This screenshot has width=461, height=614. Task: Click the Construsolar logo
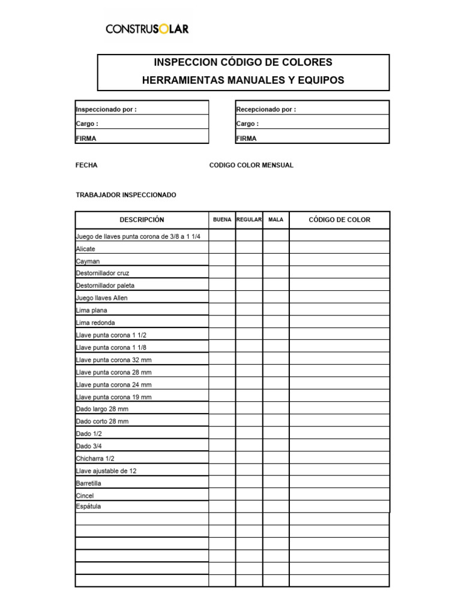pyautogui.click(x=147, y=28)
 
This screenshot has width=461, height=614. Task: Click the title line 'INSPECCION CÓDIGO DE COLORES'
pyautogui.click(x=243, y=62)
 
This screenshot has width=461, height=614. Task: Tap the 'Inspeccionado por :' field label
pyautogui.click(x=106, y=109)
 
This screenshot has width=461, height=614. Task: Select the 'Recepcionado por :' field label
pyautogui.click(x=266, y=109)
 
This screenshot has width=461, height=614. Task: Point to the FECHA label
pyautogui.click(x=86, y=165)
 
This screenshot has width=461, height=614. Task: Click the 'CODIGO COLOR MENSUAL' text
pyautogui.click(x=251, y=165)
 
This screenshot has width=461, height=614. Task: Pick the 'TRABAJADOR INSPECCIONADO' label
pyautogui.click(x=126, y=195)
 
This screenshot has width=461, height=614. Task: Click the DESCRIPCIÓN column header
pyautogui.click(x=142, y=219)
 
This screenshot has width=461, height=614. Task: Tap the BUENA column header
pyautogui.click(x=222, y=219)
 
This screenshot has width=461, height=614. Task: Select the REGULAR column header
pyautogui.click(x=249, y=219)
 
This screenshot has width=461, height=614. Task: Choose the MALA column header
pyautogui.click(x=276, y=219)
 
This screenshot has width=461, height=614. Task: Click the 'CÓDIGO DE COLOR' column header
pyautogui.click(x=339, y=219)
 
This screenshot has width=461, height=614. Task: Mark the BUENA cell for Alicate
pyautogui.click(x=222, y=248)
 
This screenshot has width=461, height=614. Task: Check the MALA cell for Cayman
pyautogui.click(x=276, y=261)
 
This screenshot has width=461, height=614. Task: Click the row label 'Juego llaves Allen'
pyautogui.click(x=101, y=298)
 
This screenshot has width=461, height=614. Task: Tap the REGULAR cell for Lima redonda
pyautogui.click(x=249, y=323)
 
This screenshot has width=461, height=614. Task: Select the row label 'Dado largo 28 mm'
pyautogui.click(x=102, y=409)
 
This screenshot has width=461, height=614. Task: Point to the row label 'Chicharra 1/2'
pyautogui.click(x=95, y=458)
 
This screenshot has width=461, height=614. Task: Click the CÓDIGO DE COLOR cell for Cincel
pyautogui.click(x=339, y=495)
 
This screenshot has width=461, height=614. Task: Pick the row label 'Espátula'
pyautogui.click(x=89, y=507)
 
